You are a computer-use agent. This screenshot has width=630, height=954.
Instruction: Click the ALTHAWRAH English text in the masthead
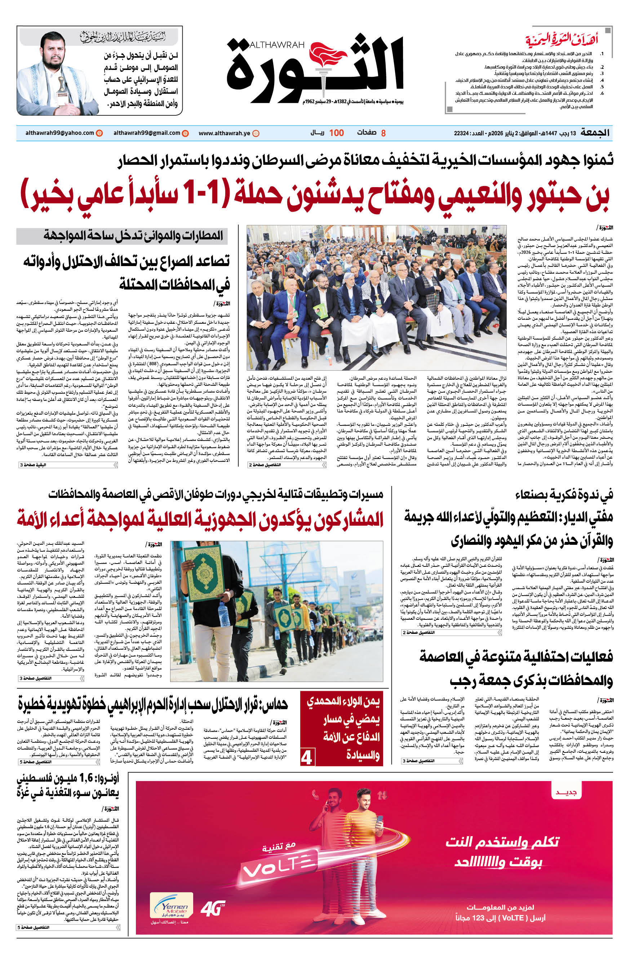pos(277,45)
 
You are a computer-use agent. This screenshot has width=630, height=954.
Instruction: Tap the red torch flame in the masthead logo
pos(328,57)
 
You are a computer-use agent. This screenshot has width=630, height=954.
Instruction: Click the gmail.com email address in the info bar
pos(147,133)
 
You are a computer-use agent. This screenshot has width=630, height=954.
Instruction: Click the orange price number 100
pos(336,133)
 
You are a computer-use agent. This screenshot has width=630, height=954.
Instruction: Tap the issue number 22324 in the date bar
pos(462,133)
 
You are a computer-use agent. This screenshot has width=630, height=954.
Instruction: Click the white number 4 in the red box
pos(307,758)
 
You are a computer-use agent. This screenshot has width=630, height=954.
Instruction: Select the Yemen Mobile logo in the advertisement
pos(171,905)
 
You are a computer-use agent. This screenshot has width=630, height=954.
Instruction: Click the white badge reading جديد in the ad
pos(566,793)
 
